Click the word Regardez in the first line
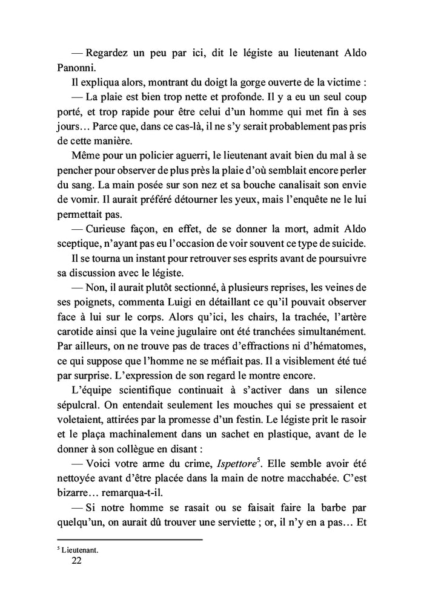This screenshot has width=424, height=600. (x=107, y=53)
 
